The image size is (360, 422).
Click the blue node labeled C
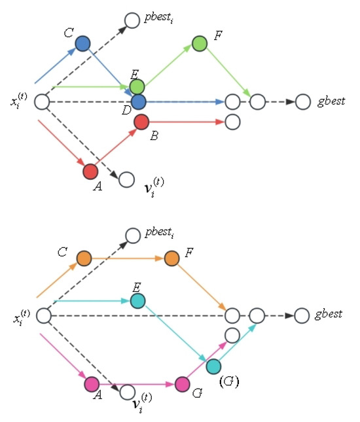[x=82, y=44]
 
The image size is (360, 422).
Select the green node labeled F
[x=200, y=44]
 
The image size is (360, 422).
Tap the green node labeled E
[x=137, y=86]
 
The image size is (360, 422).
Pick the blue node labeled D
[x=138, y=102]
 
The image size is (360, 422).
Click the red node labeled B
[x=141, y=122]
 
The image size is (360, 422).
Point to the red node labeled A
[x=90, y=171]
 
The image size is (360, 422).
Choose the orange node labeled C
[x=83, y=258]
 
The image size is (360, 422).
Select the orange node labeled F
[x=172, y=258]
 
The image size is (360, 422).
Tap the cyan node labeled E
[x=137, y=301]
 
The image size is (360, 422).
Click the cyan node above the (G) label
[x=214, y=367]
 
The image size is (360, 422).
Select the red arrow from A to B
[x=116, y=147]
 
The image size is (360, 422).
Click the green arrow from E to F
[x=168, y=65]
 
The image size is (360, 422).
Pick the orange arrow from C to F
[x=128, y=258]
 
